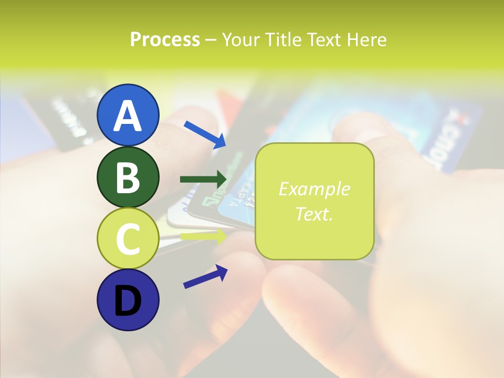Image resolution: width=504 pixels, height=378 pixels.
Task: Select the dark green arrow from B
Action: (203, 179)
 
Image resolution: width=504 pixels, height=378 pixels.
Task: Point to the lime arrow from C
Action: (203, 236)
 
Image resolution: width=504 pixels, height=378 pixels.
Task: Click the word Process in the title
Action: (165, 39)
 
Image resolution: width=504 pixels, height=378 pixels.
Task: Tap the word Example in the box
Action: (314, 189)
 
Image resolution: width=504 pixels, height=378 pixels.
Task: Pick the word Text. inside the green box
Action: (314, 214)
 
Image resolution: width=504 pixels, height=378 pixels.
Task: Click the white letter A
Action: (128, 116)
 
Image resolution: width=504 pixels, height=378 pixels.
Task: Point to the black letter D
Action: (128, 300)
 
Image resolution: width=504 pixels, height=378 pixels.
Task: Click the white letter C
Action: (128, 239)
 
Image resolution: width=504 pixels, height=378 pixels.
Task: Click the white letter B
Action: (128, 178)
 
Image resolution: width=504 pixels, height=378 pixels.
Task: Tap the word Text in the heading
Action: (324, 39)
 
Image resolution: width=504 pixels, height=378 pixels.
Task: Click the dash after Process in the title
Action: (211, 40)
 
